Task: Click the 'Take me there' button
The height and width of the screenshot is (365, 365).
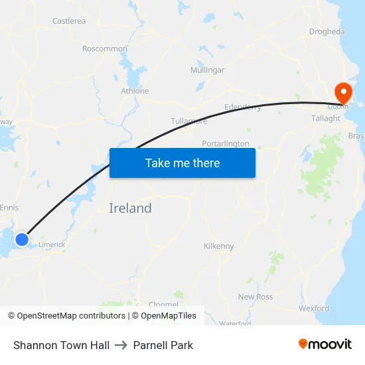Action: (183, 163)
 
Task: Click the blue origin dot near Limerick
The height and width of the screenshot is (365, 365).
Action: (22, 239)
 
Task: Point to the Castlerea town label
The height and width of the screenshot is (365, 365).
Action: (69, 21)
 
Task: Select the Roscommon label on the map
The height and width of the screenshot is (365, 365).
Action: (104, 48)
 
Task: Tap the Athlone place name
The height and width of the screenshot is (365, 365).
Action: (135, 91)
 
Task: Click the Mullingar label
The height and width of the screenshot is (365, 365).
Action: (207, 70)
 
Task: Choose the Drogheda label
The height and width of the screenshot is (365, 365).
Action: (327, 31)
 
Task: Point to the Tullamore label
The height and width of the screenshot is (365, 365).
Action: (189, 121)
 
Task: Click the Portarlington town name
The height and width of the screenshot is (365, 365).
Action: (226, 143)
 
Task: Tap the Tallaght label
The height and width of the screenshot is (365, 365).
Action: (325, 118)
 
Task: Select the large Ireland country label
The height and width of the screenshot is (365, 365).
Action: (130, 208)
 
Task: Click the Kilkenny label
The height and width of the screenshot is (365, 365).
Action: (218, 246)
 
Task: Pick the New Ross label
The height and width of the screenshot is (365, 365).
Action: (256, 297)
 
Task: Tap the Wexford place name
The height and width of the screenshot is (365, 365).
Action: (314, 309)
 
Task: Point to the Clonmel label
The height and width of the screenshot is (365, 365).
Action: (163, 305)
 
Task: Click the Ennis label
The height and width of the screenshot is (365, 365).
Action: (9, 208)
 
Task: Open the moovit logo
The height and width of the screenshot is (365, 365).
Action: (325, 344)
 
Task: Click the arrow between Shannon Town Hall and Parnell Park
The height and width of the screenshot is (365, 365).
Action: (121, 345)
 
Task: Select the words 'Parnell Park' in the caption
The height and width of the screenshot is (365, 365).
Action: (163, 345)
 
